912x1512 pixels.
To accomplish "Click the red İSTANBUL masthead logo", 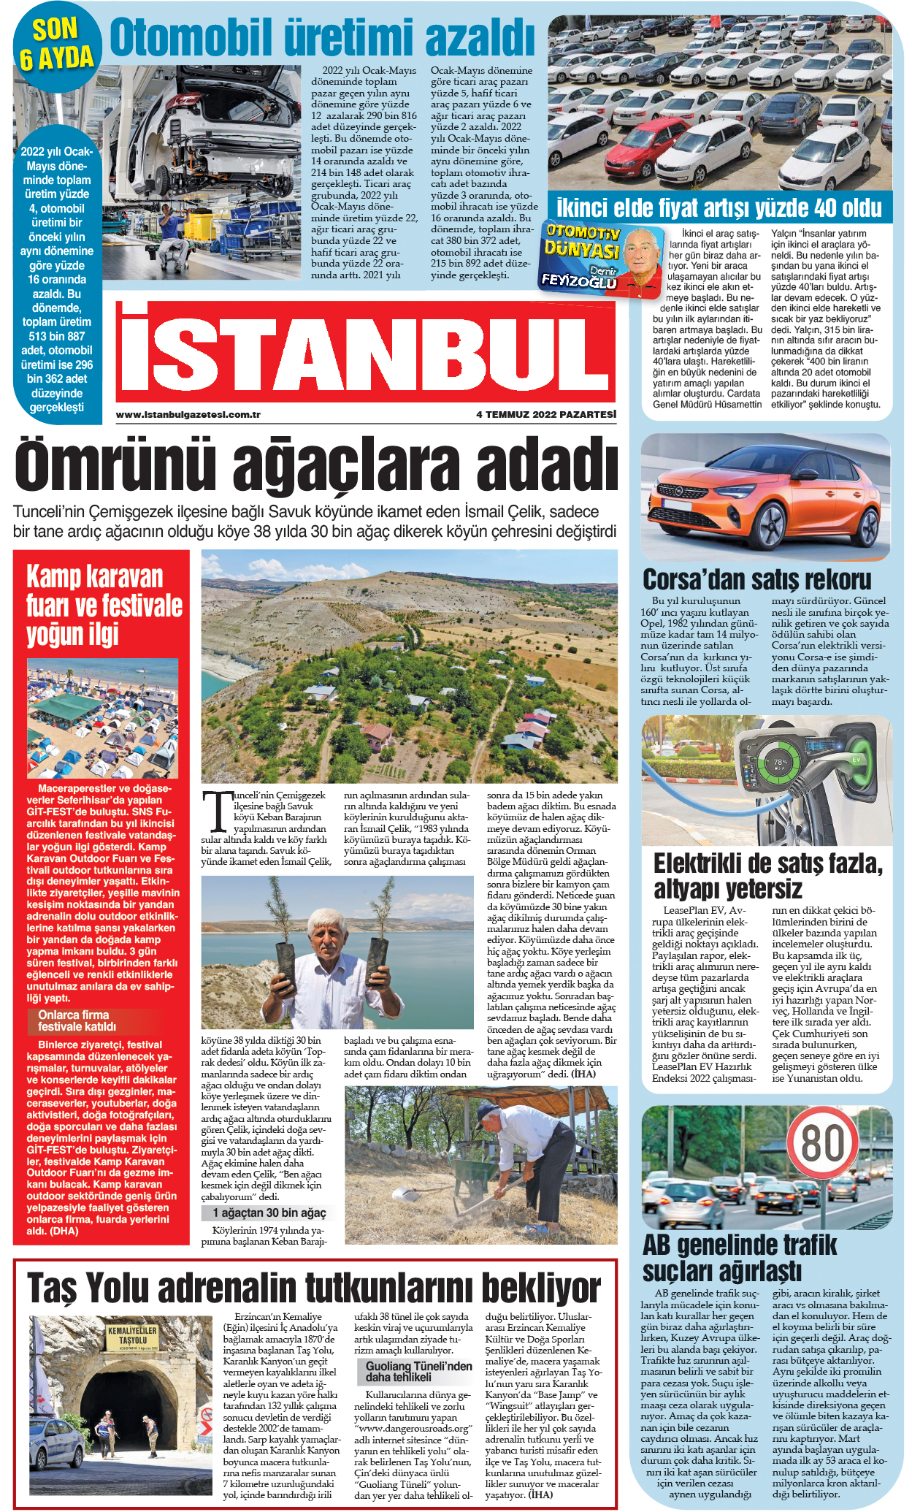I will coord(365,355).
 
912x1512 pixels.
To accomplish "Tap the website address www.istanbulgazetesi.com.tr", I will coord(188,415).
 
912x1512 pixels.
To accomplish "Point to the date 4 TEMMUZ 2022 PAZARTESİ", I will coord(545,415).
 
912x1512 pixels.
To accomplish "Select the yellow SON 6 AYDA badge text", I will coord(55,43).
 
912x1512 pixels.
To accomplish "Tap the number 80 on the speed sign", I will coord(824,1142).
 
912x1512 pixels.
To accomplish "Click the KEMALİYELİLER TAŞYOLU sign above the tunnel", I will coord(132,1336).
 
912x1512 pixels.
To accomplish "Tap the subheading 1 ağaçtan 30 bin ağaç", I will coord(269,1213).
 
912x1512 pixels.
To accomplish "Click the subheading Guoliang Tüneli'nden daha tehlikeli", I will coord(418,1371).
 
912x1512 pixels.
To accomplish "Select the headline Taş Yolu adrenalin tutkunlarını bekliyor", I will coord(314,1288).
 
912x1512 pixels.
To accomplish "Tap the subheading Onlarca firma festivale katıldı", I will coord(74,1020).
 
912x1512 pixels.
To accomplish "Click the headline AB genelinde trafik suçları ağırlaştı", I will coord(739,1257).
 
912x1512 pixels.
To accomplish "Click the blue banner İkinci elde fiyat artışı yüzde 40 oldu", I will coord(719,208).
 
